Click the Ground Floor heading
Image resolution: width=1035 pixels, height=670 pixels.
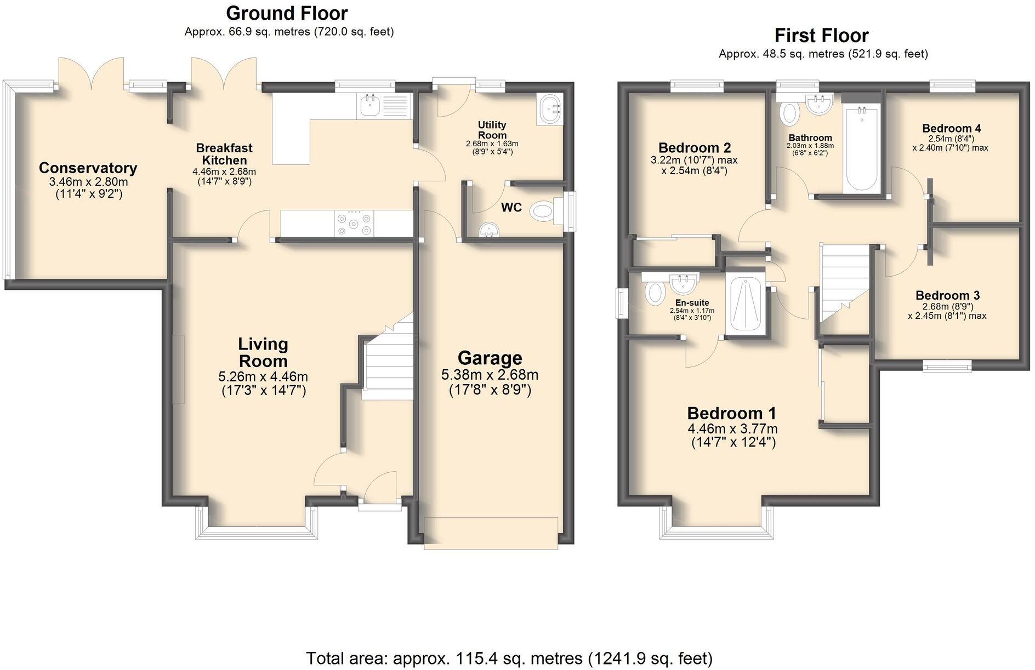287,13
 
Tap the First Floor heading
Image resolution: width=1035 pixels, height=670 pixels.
821,35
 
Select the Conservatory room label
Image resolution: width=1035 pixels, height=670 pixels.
88,168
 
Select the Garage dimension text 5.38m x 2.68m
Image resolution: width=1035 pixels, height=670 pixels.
490,375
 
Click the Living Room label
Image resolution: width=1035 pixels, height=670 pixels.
263,352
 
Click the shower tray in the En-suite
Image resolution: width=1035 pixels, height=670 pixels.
745,305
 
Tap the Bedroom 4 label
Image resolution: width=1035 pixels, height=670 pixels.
951,128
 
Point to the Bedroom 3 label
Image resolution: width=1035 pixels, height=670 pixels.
947,295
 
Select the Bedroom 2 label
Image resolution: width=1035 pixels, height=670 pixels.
694,147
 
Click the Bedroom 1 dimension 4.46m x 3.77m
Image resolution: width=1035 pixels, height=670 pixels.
732,429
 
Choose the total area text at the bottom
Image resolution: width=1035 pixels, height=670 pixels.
509,658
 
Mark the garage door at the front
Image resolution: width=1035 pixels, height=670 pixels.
491,532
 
